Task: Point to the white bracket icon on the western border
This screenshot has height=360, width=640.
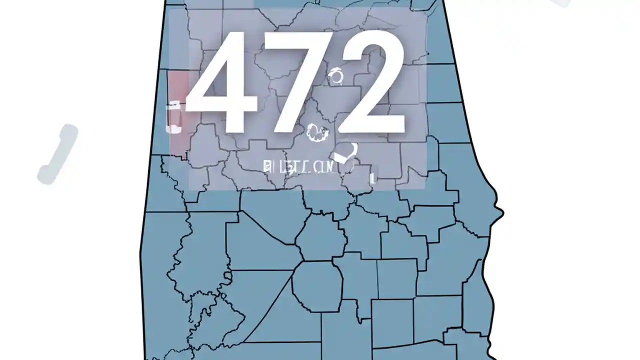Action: [173, 117]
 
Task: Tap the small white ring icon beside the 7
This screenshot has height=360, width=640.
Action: [336, 77]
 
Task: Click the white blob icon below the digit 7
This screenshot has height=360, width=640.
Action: [317, 133]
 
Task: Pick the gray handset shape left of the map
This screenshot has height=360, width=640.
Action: [58, 154]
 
